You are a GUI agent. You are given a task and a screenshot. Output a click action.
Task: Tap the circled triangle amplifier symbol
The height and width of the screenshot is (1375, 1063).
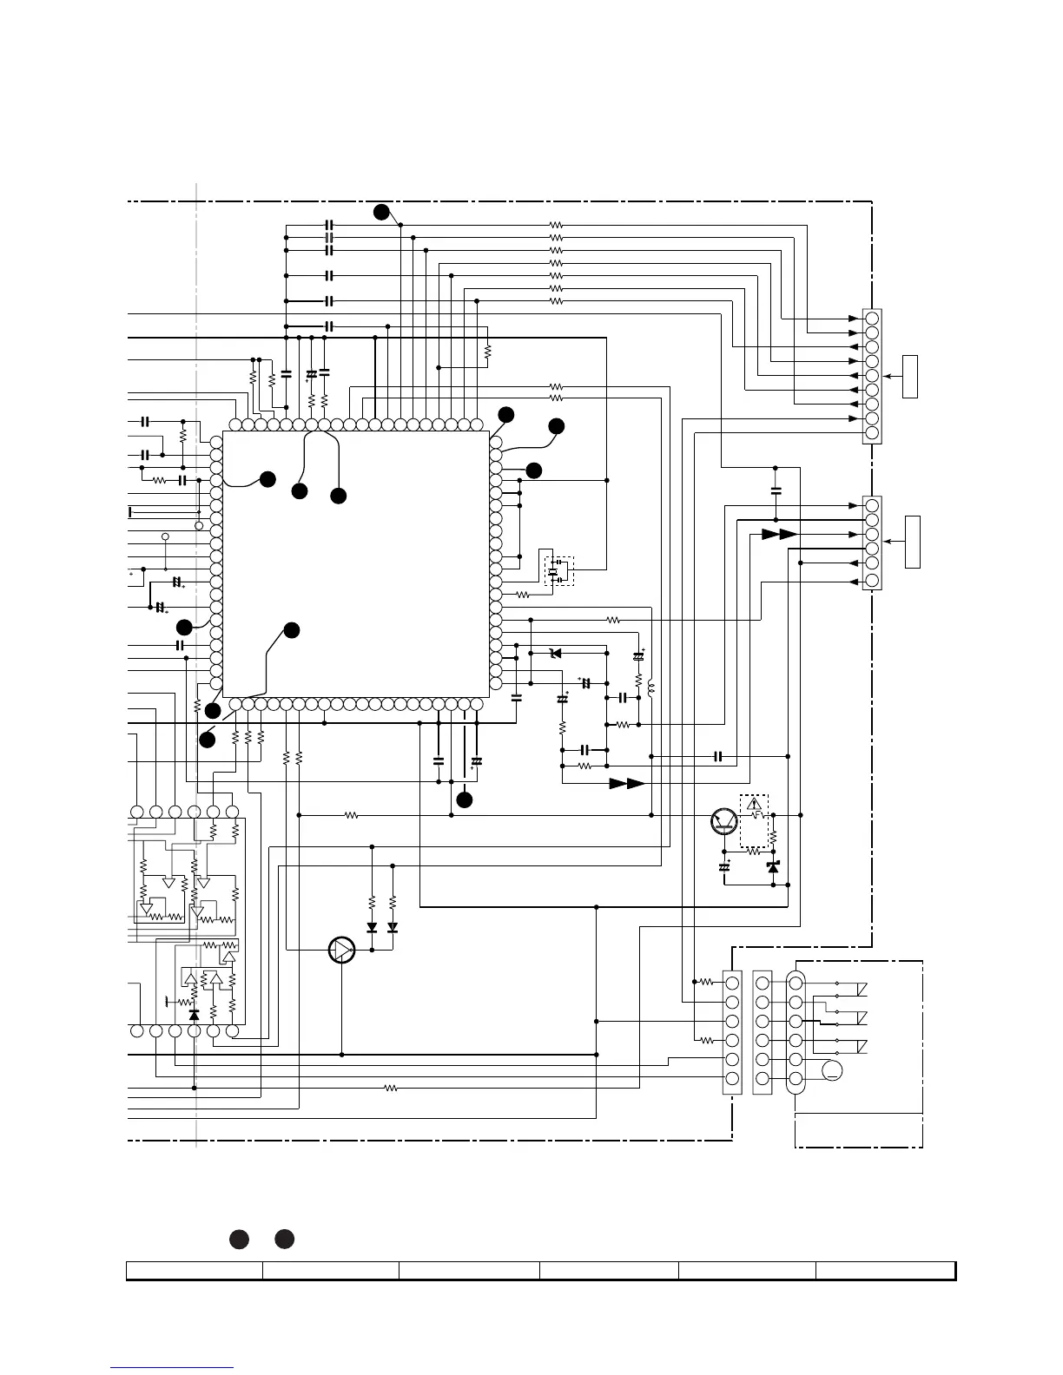342,951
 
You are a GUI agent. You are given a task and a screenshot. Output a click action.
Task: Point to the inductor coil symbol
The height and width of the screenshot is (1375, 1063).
650,689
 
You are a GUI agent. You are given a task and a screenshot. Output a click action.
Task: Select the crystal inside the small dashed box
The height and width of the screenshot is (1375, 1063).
552,571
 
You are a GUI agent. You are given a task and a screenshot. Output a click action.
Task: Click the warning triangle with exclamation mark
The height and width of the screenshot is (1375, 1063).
754,802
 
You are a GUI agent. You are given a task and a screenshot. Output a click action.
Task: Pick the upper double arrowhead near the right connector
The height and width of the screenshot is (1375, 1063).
779,534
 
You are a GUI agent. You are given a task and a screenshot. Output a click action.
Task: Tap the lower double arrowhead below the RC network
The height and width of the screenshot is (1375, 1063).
626,783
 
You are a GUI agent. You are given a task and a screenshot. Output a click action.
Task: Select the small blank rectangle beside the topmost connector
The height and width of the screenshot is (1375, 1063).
910,376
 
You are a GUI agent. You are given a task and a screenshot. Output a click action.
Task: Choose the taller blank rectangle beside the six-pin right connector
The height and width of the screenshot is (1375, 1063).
912,542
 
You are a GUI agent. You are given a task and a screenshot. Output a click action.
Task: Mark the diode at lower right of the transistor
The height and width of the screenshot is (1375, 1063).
773,867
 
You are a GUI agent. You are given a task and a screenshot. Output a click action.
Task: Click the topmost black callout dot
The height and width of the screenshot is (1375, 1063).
381,212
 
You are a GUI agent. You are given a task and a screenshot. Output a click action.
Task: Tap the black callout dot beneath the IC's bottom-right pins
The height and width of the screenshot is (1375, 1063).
465,799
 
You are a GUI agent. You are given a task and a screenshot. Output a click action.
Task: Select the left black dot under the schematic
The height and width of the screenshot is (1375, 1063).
240,1240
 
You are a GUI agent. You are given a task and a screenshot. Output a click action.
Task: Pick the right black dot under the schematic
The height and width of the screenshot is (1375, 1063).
285,1240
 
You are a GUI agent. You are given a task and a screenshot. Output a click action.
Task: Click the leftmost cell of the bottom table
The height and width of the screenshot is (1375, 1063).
195,1271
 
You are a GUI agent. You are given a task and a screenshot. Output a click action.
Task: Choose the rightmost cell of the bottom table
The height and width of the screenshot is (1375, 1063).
885,1271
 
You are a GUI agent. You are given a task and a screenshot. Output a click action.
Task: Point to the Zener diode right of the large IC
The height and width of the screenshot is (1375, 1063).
557,653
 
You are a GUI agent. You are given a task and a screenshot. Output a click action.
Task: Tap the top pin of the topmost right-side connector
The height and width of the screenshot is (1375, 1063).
872,319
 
